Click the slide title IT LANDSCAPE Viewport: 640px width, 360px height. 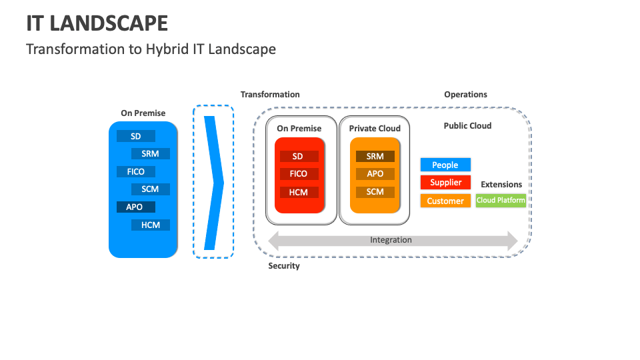click(97, 23)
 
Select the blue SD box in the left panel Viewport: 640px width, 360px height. click(136, 136)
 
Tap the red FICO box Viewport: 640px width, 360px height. click(299, 173)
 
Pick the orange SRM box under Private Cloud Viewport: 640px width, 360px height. click(375, 156)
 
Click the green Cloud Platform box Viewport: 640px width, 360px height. click(501, 200)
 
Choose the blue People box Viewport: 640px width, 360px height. click(445, 165)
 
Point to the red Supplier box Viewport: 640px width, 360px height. click(445, 182)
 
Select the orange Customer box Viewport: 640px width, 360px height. click(445, 201)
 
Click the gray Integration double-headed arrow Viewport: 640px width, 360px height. click(392, 240)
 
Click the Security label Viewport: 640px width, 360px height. click(284, 266)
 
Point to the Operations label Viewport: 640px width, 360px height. click(465, 95)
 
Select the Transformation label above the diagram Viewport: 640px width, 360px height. click(270, 95)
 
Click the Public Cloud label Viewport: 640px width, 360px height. click(467, 125)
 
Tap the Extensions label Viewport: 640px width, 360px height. click(501, 184)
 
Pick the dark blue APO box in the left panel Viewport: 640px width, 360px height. click(135, 207)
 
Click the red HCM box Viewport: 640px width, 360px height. click(299, 191)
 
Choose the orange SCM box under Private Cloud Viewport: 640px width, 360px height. click(375, 191)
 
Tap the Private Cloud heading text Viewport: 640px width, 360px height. click(375, 128)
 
